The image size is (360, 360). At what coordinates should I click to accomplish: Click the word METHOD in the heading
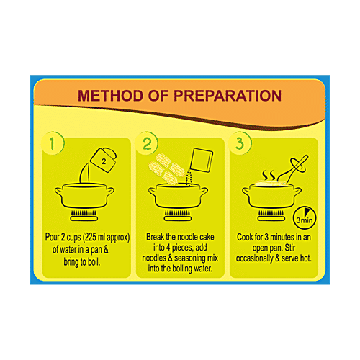pyautogui.click(x=111, y=96)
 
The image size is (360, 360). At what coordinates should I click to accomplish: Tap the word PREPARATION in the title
pyautogui.click(x=228, y=96)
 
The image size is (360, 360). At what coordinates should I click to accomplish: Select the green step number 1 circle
pyautogui.click(x=53, y=143)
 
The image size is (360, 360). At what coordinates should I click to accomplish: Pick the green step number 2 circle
pyautogui.click(x=147, y=143)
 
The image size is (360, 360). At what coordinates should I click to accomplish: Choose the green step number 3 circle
pyautogui.click(x=240, y=143)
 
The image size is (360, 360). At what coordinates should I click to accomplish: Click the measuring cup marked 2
pyautogui.click(x=104, y=160)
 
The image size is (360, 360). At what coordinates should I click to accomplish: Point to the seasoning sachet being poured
pyautogui.click(x=202, y=160)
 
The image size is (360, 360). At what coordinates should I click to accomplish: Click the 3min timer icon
pyautogui.click(x=305, y=218)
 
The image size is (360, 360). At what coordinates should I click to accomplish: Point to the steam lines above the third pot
pyautogui.click(x=269, y=176)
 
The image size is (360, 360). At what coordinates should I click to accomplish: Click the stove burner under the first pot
pyautogui.click(x=84, y=215)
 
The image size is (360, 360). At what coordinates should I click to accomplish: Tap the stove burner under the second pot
pyautogui.click(x=178, y=215)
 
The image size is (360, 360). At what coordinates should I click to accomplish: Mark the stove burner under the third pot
pyautogui.click(x=271, y=215)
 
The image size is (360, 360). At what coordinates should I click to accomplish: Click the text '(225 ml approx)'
pyautogui.click(x=106, y=238)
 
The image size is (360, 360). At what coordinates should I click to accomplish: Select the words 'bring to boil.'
pyautogui.click(x=81, y=262)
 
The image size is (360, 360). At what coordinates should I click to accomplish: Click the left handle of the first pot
pyautogui.click(x=58, y=192)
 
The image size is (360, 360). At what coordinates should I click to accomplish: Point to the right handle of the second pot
pyautogui.click(x=204, y=192)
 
